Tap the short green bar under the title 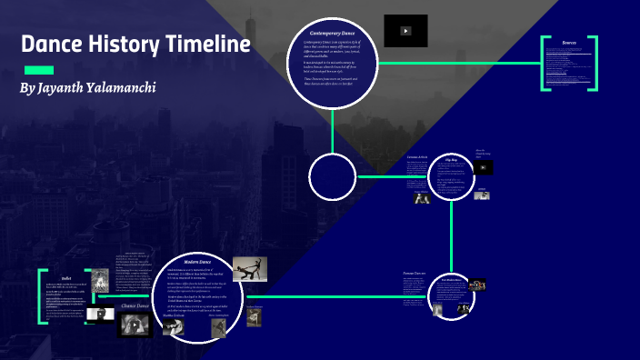pyautogui.click(x=37, y=70)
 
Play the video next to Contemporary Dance pyautogui.click(x=405, y=31)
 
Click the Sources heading pyautogui.click(x=570, y=43)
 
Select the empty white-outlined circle pyautogui.click(x=332, y=176)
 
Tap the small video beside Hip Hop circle pyautogui.click(x=484, y=167)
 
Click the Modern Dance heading pyautogui.click(x=198, y=261)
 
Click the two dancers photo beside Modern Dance pyautogui.click(x=249, y=270)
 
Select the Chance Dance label pyautogui.click(x=135, y=306)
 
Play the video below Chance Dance pyautogui.click(x=135, y=325)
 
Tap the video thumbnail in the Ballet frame pyautogui.click(x=95, y=315)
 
